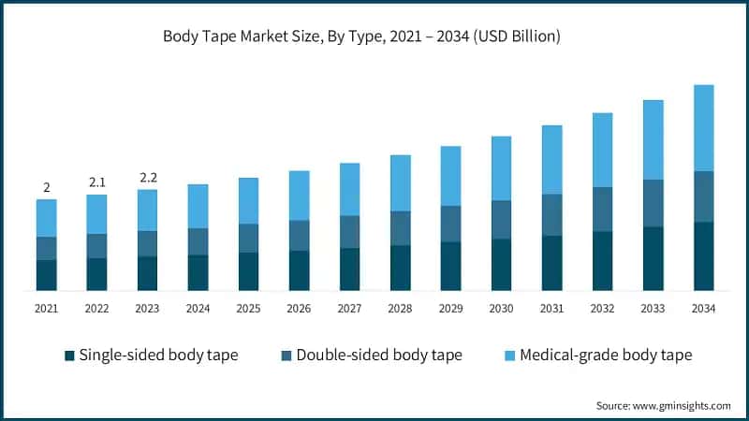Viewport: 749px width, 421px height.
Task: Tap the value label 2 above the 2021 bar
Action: click(46, 187)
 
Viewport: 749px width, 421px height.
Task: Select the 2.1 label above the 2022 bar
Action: click(96, 181)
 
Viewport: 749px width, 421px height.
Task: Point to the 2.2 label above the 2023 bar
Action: click(147, 177)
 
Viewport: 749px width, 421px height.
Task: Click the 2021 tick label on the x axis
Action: click(46, 308)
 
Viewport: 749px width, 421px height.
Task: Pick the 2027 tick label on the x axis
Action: click(349, 308)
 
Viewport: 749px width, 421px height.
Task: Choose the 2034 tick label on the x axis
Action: click(703, 308)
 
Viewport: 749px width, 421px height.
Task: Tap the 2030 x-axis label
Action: click(501, 308)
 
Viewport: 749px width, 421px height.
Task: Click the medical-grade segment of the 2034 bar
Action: click(703, 128)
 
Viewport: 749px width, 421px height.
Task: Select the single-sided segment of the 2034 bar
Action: click(703, 255)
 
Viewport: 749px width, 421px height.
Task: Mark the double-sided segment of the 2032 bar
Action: click(602, 209)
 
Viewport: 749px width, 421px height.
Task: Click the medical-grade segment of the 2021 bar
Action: click(46, 218)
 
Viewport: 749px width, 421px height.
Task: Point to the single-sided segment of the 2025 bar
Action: click(248, 270)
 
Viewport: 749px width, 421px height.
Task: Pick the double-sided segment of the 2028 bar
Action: click(400, 228)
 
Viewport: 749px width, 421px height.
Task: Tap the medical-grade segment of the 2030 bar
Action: click(501, 168)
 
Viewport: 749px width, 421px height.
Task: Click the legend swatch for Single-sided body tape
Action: click(69, 356)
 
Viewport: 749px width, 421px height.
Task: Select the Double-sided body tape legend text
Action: click(379, 356)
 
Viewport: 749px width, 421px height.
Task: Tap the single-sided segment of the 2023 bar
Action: click(147, 273)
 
